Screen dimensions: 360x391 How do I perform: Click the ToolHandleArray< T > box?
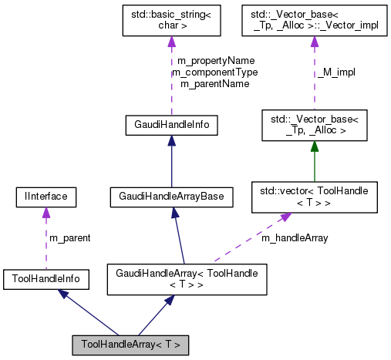[130, 344]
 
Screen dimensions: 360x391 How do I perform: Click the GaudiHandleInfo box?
[170, 123]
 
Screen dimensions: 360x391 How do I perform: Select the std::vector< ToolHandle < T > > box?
[315, 197]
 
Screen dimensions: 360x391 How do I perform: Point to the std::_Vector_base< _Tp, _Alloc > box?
[315, 123]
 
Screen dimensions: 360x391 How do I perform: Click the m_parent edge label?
[69, 237]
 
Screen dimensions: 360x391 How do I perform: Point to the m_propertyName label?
[216, 60]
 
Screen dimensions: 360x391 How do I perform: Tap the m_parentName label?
[214, 83]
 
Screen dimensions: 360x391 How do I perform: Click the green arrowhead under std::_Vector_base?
[315, 146]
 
